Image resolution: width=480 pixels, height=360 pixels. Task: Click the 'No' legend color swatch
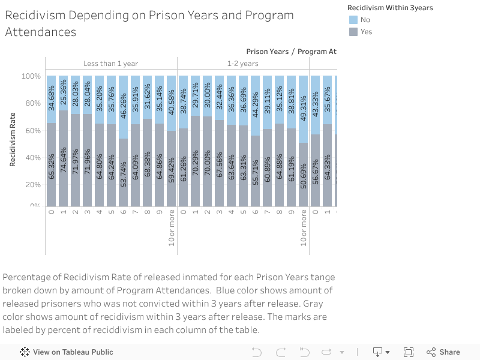click(x=353, y=20)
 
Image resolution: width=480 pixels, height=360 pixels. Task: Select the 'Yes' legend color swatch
click(x=353, y=32)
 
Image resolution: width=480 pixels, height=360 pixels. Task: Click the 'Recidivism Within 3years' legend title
click(x=390, y=8)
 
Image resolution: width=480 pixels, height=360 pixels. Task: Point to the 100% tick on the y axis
click(x=31, y=76)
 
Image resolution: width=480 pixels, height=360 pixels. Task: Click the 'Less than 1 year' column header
click(x=111, y=64)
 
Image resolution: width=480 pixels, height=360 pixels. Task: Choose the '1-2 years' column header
click(x=242, y=64)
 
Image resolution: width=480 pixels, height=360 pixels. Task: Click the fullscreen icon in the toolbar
click(x=409, y=352)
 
